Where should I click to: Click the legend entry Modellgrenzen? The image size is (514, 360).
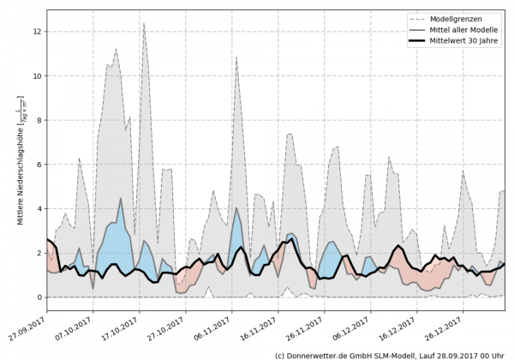tap(462, 18)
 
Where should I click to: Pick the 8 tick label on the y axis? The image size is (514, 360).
tap(38, 120)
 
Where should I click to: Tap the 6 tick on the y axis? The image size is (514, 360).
tap(38, 165)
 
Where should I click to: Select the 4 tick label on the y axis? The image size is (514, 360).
tap(38, 209)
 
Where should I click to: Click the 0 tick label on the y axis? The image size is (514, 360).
tap(38, 297)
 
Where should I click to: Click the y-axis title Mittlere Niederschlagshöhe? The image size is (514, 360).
tap(20, 163)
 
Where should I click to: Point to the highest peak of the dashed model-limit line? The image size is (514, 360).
tap(144, 23)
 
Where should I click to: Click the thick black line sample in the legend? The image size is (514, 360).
tap(417, 42)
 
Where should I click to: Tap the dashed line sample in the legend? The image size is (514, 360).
tap(417, 18)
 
